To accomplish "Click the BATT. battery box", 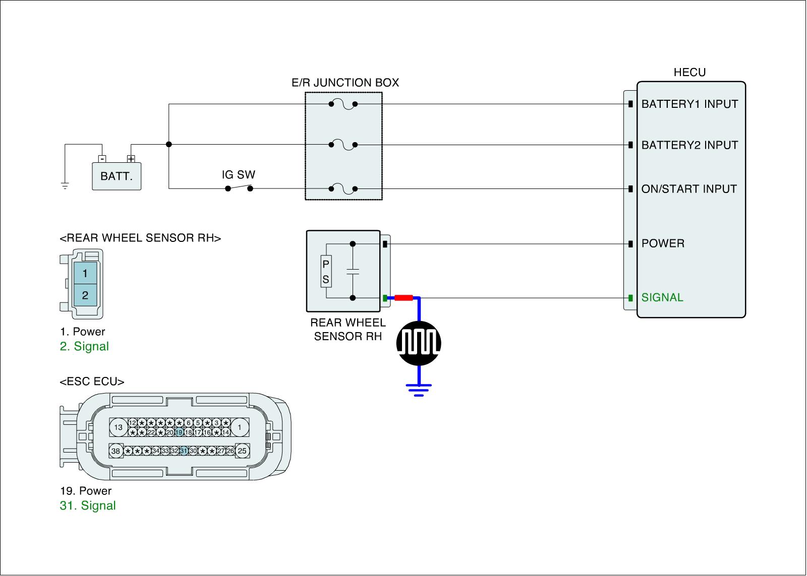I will tap(117, 176).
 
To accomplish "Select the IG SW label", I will tap(239, 175).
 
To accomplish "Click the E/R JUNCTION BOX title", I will tap(345, 83).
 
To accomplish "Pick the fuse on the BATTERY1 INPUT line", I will tap(343, 104).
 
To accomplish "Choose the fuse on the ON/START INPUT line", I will tap(343, 189).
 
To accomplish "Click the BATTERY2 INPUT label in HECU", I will tap(689, 145).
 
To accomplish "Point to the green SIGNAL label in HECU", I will tap(662, 297).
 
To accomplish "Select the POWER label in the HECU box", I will tap(663, 243).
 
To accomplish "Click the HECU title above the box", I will tap(689, 73).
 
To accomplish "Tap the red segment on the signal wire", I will tap(403, 298).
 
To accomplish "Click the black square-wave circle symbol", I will tap(419, 343).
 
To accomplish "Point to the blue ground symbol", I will tap(419, 390).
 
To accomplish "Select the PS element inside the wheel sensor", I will tap(326, 272).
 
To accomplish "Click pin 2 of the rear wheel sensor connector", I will tap(85, 295).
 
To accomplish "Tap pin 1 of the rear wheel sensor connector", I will tap(85, 273).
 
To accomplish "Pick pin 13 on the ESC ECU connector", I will tap(118, 427).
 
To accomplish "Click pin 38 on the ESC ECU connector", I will tap(116, 451).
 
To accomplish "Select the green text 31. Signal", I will tap(88, 505).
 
